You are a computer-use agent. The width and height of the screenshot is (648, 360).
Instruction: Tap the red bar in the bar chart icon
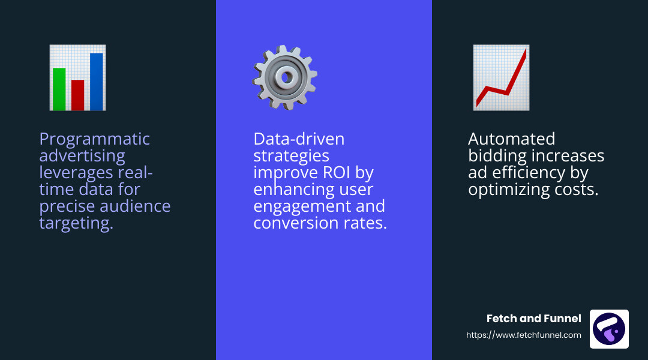pyautogui.click(x=77, y=95)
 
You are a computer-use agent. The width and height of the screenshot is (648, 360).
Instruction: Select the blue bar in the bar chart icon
pyautogui.click(x=96, y=82)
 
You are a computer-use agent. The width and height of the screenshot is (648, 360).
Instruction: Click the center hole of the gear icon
pyautogui.click(x=286, y=77)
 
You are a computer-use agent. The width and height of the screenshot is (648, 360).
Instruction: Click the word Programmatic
pyautogui.click(x=95, y=139)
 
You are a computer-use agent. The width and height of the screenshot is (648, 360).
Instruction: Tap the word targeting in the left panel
pyautogui.click(x=76, y=223)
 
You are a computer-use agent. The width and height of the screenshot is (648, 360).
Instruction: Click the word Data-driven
pyautogui.click(x=299, y=139)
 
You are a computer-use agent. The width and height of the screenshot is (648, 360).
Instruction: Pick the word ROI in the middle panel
pyautogui.click(x=334, y=173)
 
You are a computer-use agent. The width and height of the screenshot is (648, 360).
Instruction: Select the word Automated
pyautogui.click(x=511, y=139)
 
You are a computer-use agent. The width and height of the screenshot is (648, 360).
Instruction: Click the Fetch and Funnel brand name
pyautogui.click(x=533, y=319)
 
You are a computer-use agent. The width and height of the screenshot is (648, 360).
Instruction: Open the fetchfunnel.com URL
pyautogui.click(x=524, y=335)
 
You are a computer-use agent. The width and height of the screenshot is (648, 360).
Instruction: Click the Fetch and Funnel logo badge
pyautogui.click(x=609, y=329)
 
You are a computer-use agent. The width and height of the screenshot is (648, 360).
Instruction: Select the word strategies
pyautogui.click(x=291, y=156)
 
